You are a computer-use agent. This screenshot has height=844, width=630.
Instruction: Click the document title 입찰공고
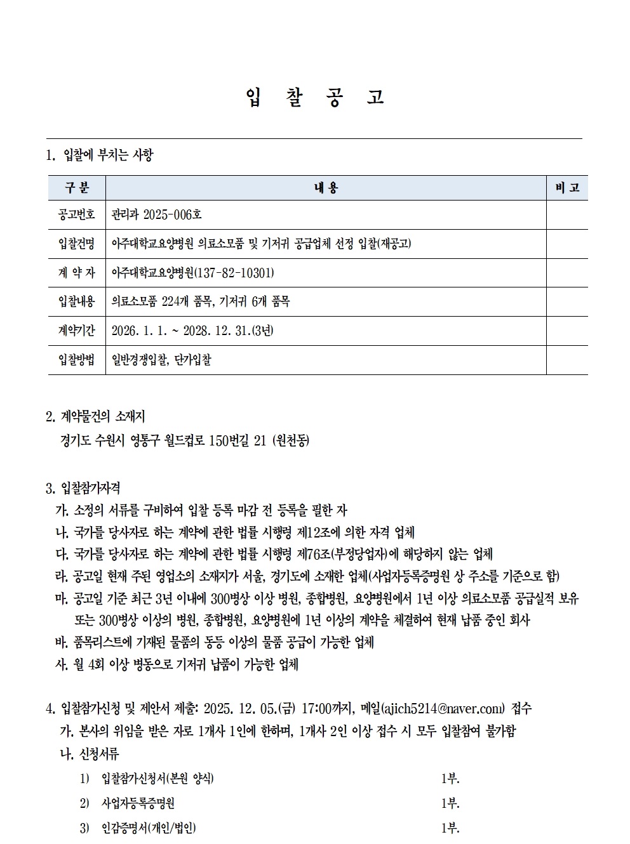pyautogui.click(x=314, y=98)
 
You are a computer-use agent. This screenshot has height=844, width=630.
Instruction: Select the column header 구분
pyautogui.click(x=77, y=188)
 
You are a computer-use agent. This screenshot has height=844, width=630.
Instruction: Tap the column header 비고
pyautogui.click(x=567, y=188)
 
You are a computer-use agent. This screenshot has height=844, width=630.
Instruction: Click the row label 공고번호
pyautogui.click(x=77, y=215)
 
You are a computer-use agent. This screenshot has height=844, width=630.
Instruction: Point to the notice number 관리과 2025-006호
pyautogui.click(x=156, y=215)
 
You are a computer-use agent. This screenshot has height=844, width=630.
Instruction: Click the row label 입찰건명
pyautogui.click(x=77, y=244)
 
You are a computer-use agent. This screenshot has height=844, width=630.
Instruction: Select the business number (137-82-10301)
pyautogui.click(x=236, y=274)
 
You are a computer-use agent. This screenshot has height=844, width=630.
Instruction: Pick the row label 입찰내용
pyautogui.click(x=77, y=302)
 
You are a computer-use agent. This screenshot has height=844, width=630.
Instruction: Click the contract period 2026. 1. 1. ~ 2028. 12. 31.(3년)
pyautogui.click(x=192, y=331)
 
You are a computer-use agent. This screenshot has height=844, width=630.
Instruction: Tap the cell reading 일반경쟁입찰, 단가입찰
pyautogui.click(x=161, y=360)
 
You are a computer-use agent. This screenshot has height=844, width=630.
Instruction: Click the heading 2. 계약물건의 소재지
pyautogui.click(x=96, y=417)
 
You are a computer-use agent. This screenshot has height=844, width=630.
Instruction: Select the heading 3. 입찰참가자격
pyautogui.click(x=83, y=489)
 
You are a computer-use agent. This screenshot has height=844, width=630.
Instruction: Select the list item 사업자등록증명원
pyautogui.click(x=138, y=803)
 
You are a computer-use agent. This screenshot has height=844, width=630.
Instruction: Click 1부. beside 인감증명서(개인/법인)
pyautogui.click(x=450, y=828)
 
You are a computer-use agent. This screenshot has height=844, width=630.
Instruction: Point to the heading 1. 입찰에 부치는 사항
pyautogui.click(x=100, y=155)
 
